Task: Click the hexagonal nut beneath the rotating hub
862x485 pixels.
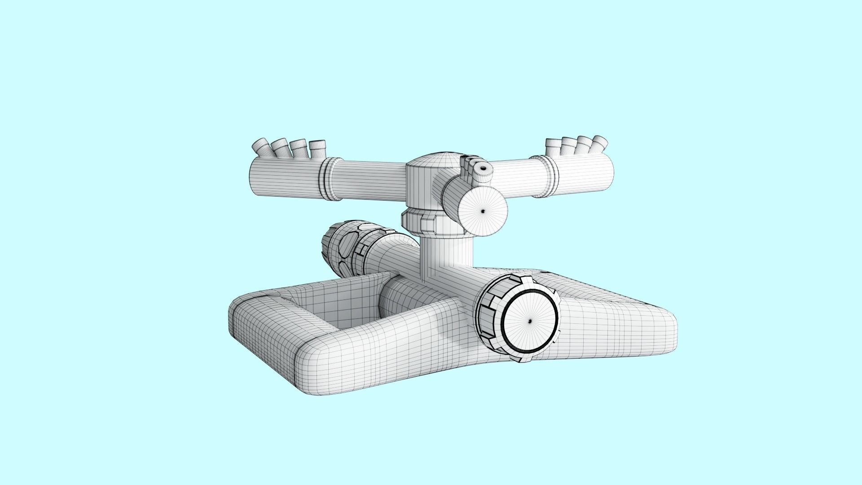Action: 420,224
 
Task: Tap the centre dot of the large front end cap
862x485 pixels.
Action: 529,320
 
